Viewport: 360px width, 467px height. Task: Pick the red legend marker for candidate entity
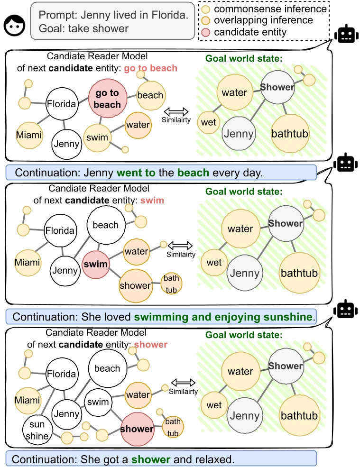(x=205, y=32)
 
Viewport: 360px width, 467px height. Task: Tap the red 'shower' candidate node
(x=138, y=429)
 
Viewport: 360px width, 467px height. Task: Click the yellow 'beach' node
(x=150, y=95)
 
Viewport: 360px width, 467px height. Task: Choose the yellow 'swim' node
(x=97, y=137)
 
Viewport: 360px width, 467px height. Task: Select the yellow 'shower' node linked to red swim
(x=135, y=285)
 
